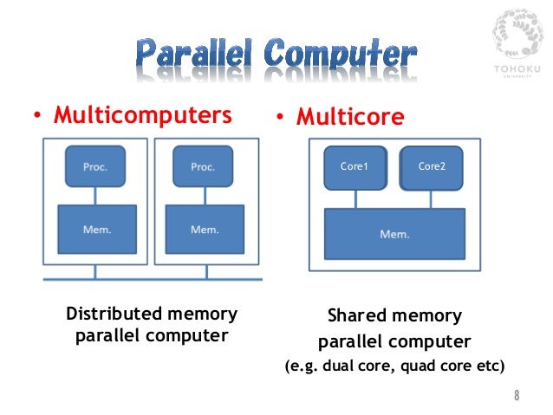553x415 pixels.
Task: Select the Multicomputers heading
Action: coord(143,115)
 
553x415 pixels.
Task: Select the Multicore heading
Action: coord(350,117)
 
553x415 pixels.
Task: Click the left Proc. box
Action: coord(95,166)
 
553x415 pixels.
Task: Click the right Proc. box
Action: coord(203,166)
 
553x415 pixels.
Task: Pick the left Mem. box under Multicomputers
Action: coord(96,229)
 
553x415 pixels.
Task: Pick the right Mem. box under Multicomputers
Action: coord(204,229)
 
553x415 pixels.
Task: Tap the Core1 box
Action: coord(354,167)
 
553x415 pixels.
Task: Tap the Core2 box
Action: coord(431,167)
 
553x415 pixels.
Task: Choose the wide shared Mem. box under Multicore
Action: coord(394,233)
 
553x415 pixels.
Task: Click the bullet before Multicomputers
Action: coord(36,117)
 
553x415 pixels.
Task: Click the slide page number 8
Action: coord(517,396)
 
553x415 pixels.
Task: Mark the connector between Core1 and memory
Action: coord(354,199)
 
